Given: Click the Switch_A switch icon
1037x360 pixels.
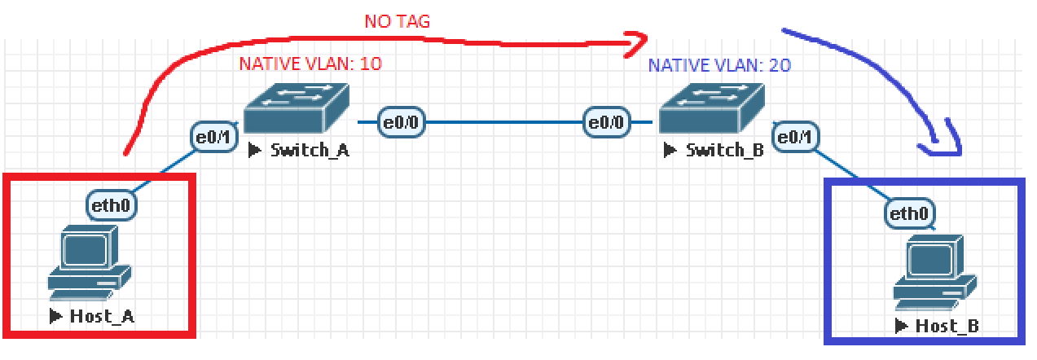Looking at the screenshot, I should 297,108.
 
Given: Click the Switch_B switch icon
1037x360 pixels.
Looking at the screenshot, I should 712,108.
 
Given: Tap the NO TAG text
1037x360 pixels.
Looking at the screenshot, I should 397,20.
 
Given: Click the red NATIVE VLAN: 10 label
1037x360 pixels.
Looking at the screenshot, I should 310,64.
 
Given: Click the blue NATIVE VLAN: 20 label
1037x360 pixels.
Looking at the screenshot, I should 719,64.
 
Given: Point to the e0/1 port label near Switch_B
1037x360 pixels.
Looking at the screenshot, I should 794,137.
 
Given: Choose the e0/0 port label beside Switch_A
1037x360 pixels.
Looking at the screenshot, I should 401,124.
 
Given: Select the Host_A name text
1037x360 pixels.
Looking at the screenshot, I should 102,316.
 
